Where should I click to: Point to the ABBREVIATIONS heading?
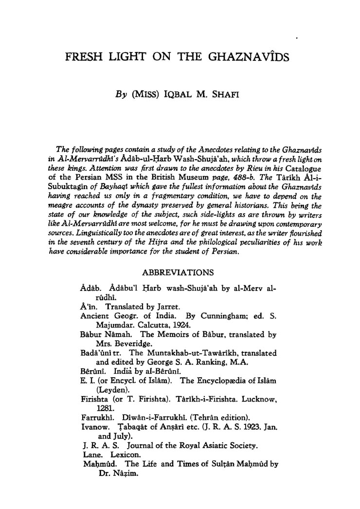178,272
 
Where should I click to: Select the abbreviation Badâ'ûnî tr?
98,352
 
